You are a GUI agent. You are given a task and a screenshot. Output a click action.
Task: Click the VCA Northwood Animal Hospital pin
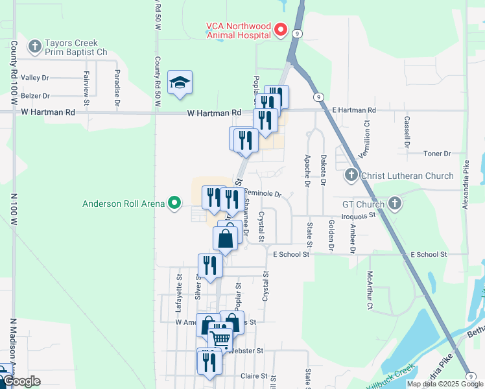point(281,30)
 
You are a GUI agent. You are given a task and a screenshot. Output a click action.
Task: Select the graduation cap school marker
point(180,82)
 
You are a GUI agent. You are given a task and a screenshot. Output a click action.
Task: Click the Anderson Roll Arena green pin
point(174,204)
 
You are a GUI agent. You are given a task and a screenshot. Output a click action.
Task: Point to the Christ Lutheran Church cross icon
point(351,175)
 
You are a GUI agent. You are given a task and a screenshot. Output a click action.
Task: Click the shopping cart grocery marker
point(220,338)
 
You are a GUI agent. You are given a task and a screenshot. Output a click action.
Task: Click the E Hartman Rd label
point(354,111)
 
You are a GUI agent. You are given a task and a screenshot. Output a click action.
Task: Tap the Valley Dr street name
point(35,78)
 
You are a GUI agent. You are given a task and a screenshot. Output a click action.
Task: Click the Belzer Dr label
point(35,95)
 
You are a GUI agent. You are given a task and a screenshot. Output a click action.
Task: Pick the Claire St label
point(254,376)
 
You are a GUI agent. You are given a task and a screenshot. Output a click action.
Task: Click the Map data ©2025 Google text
point(444,384)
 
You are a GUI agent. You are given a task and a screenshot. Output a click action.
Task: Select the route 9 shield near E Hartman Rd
point(318,97)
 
